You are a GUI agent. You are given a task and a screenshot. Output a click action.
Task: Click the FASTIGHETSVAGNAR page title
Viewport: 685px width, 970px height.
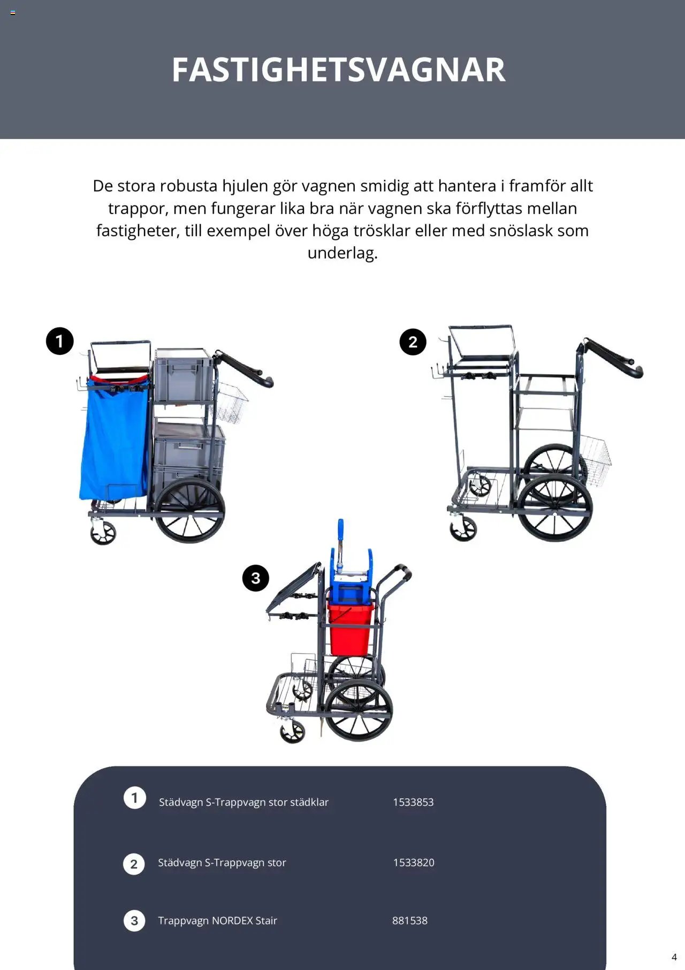338,70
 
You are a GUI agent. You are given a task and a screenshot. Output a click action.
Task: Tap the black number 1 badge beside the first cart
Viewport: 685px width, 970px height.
59,341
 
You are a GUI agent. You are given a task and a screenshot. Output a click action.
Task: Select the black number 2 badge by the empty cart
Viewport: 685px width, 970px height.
413,342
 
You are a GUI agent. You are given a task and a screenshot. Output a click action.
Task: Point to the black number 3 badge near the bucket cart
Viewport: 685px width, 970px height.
255,578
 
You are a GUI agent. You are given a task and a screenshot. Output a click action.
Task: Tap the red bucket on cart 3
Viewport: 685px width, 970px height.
349,629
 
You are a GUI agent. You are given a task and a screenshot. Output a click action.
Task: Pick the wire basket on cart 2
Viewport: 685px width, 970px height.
596,459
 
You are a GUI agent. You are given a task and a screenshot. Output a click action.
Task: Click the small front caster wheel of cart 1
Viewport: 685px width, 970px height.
103,532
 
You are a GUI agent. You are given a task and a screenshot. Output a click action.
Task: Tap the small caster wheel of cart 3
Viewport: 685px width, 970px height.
293,731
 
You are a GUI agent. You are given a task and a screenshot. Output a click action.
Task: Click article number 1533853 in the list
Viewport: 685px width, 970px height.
413,802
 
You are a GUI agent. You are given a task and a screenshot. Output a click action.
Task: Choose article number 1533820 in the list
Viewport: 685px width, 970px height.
414,862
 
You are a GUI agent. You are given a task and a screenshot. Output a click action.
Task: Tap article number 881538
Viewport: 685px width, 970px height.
409,920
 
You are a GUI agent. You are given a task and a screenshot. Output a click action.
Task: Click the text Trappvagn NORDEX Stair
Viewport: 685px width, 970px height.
217,920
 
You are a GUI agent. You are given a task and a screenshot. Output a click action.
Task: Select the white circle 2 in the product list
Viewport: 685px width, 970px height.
134,863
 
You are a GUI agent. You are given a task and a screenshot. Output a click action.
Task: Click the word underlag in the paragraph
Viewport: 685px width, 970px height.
342,253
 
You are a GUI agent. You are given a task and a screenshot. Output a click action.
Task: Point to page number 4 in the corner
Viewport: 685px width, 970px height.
674,957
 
